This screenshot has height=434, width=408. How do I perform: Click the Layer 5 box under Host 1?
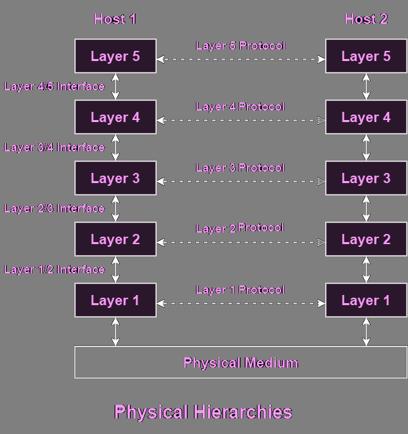click(x=115, y=56)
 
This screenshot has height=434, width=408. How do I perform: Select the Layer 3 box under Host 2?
click(x=366, y=178)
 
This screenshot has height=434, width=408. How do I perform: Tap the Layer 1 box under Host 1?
click(x=115, y=300)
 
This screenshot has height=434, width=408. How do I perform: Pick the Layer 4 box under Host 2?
click(x=366, y=117)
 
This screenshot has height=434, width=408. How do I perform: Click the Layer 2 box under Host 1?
click(x=115, y=239)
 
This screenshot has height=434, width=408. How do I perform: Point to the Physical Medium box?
click(x=241, y=362)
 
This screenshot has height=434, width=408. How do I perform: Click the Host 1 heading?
click(x=115, y=19)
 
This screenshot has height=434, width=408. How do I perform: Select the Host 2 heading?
click(x=366, y=19)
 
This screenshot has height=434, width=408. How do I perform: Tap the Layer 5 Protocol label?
click(x=241, y=46)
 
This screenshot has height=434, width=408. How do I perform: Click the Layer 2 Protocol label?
click(x=241, y=229)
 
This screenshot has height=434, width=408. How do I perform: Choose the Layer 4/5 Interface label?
click(x=54, y=87)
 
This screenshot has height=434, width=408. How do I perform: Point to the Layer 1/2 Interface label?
click(x=54, y=270)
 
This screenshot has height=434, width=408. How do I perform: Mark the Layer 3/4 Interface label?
click(x=54, y=148)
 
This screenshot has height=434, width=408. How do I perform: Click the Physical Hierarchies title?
click(x=203, y=412)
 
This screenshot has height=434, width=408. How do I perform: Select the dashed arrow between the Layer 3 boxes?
click(x=241, y=181)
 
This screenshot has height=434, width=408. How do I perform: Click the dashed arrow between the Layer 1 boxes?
click(x=241, y=303)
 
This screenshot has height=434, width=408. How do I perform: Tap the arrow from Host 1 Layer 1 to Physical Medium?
click(x=116, y=332)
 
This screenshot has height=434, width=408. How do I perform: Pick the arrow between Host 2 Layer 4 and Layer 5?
click(x=367, y=87)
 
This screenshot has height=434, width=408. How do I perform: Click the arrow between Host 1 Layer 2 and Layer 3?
click(x=116, y=209)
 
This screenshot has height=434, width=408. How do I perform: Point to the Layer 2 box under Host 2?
click(x=366, y=239)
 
